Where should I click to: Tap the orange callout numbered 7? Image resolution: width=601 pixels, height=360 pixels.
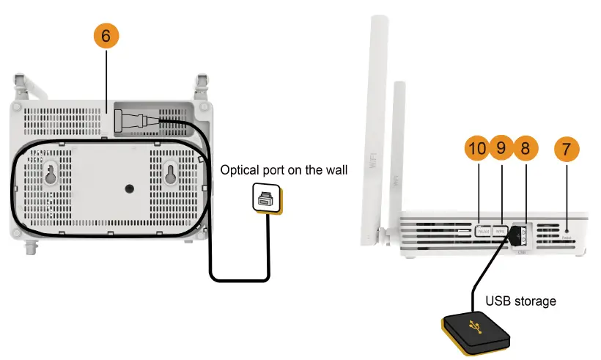point(565,148)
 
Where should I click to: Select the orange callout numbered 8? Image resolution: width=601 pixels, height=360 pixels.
point(525,148)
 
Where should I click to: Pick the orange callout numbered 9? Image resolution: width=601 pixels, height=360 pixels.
point(501,148)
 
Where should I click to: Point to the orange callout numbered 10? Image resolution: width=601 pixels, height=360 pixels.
point(477,148)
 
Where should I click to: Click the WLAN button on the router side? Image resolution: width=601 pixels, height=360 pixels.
point(483,230)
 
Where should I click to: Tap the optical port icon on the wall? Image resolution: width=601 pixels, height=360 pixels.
point(265,198)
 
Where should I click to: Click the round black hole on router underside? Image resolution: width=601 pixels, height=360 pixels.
point(130,188)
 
